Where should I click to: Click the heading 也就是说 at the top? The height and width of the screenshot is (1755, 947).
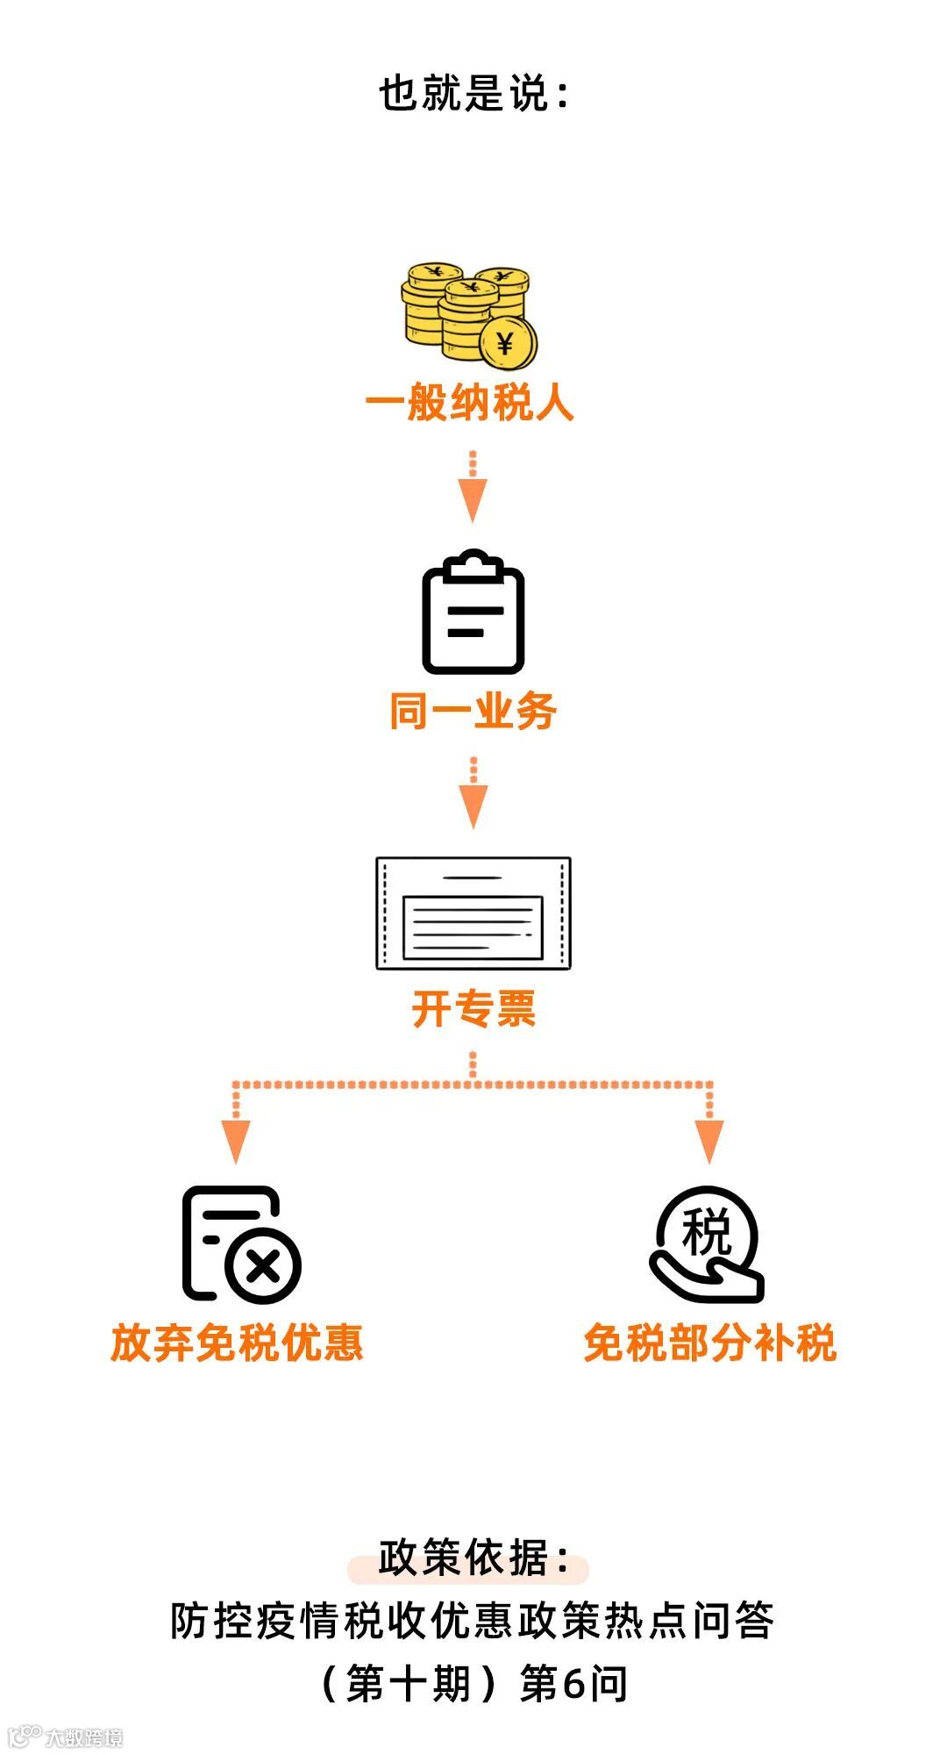(x=473, y=93)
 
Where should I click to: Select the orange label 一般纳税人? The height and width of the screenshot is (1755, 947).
(x=470, y=404)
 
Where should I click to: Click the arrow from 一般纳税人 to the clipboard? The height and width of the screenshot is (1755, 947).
(x=473, y=490)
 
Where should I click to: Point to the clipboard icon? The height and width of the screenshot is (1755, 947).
(x=473, y=612)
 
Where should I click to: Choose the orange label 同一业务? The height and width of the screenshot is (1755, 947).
(x=473, y=711)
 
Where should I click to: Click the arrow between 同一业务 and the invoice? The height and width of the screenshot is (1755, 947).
(x=473, y=795)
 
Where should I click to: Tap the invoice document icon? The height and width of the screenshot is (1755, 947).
(x=473, y=913)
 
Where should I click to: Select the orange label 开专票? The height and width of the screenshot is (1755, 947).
(x=473, y=1009)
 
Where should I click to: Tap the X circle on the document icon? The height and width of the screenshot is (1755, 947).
(x=263, y=1267)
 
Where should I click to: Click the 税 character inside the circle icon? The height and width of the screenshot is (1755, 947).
(x=707, y=1232)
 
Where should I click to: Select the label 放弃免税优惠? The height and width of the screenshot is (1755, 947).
(x=237, y=1343)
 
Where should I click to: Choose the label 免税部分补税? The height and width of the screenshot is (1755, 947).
(x=710, y=1343)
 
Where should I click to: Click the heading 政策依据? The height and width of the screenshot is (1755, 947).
(x=472, y=1558)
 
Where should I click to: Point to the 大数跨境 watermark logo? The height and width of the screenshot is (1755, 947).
(x=66, y=1737)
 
